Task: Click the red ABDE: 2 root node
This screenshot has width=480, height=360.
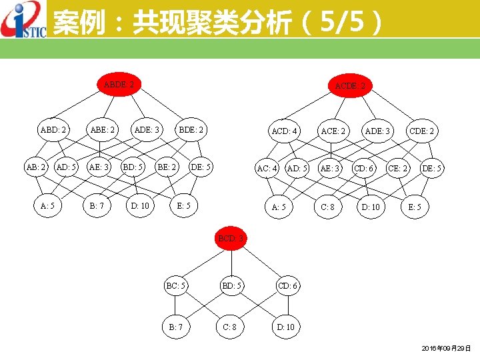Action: [x=119, y=85]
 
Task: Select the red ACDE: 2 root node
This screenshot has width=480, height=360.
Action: [x=351, y=86]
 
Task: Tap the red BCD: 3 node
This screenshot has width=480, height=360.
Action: [x=232, y=238]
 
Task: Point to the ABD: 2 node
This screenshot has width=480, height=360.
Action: [x=53, y=130]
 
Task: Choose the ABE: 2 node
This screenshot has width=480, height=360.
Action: [x=103, y=130]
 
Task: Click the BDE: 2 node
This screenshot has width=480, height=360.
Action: [x=191, y=130]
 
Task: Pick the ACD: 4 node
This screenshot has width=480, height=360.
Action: [x=285, y=131]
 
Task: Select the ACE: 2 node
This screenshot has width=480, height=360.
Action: [x=333, y=131]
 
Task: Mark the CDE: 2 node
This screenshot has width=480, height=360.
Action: [x=422, y=131]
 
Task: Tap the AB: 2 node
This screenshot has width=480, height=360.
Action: [x=36, y=167]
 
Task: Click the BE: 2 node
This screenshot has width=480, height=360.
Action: [x=167, y=167]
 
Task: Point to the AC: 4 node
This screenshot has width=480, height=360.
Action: [x=267, y=168]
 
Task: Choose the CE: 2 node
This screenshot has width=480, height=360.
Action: [x=399, y=168]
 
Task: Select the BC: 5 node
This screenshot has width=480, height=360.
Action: [x=176, y=286]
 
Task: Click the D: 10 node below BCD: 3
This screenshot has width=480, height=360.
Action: [x=287, y=327]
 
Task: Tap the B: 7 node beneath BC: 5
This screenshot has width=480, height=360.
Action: [x=176, y=327]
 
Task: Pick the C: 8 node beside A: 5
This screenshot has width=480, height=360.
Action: [x=327, y=207]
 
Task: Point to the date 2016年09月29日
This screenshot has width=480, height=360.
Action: [x=447, y=349]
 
